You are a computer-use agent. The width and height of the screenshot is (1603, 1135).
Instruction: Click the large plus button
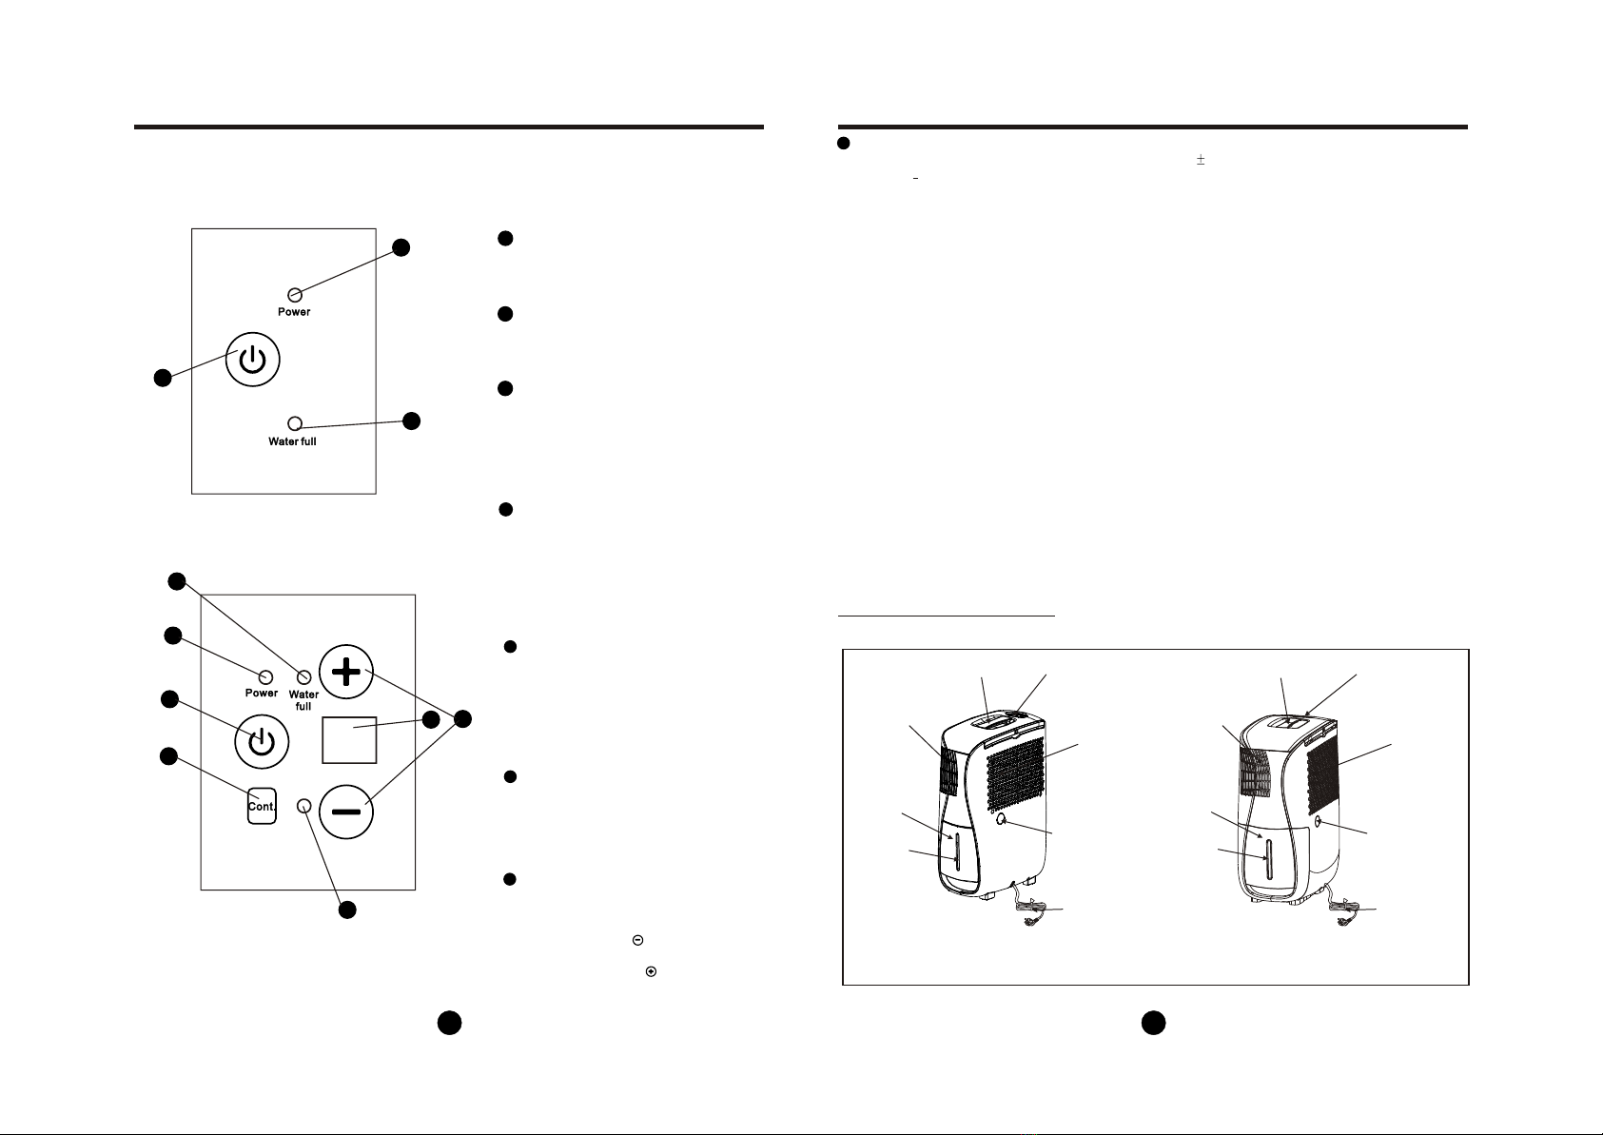(346, 673)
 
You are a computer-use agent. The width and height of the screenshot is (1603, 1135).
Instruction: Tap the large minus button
(346, 812)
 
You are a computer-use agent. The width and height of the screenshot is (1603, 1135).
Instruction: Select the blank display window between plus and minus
(350, 739)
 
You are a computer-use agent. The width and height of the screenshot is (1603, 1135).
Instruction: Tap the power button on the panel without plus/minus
(254, 360)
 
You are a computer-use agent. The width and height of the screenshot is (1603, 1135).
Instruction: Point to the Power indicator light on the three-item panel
(295, 295)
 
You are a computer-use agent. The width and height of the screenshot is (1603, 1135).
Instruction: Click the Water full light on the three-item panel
(295, 423)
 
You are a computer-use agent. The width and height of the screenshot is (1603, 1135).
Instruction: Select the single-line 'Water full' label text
(292, 441)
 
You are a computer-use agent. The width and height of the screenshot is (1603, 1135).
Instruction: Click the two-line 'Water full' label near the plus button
(303, 700)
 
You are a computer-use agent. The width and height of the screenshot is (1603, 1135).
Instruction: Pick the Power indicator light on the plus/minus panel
(266, 676)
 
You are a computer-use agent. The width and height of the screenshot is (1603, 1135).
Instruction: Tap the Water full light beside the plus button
(304, 676)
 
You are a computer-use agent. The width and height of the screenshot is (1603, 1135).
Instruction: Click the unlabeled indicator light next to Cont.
(304, 806)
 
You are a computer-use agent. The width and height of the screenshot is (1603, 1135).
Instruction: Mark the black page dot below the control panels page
(450, 1023)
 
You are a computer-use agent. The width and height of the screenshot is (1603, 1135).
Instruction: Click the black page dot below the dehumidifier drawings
(1153, 1023)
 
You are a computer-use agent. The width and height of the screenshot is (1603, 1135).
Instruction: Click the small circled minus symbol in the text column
(637, 940)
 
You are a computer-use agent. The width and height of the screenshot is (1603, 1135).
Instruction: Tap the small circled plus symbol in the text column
(651, 971)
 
